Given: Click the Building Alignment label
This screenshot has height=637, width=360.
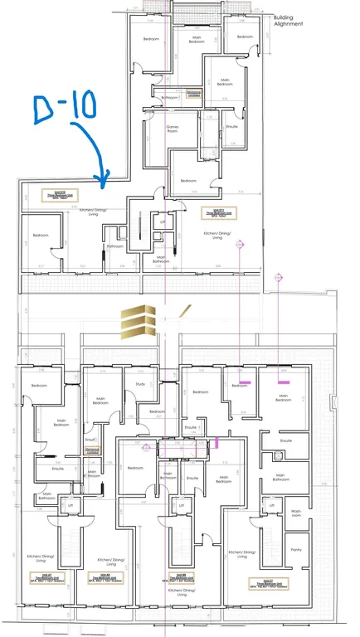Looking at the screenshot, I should (289, 21).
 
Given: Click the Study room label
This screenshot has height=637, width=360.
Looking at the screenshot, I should (141, 383).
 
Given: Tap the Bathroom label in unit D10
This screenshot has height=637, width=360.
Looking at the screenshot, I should (114, 246).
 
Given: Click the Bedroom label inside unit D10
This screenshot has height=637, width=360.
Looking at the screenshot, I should (41, 236).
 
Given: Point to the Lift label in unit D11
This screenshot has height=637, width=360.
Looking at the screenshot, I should (163, 222).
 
